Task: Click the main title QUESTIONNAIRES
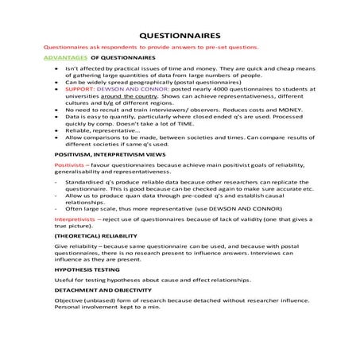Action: pos(180,36)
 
